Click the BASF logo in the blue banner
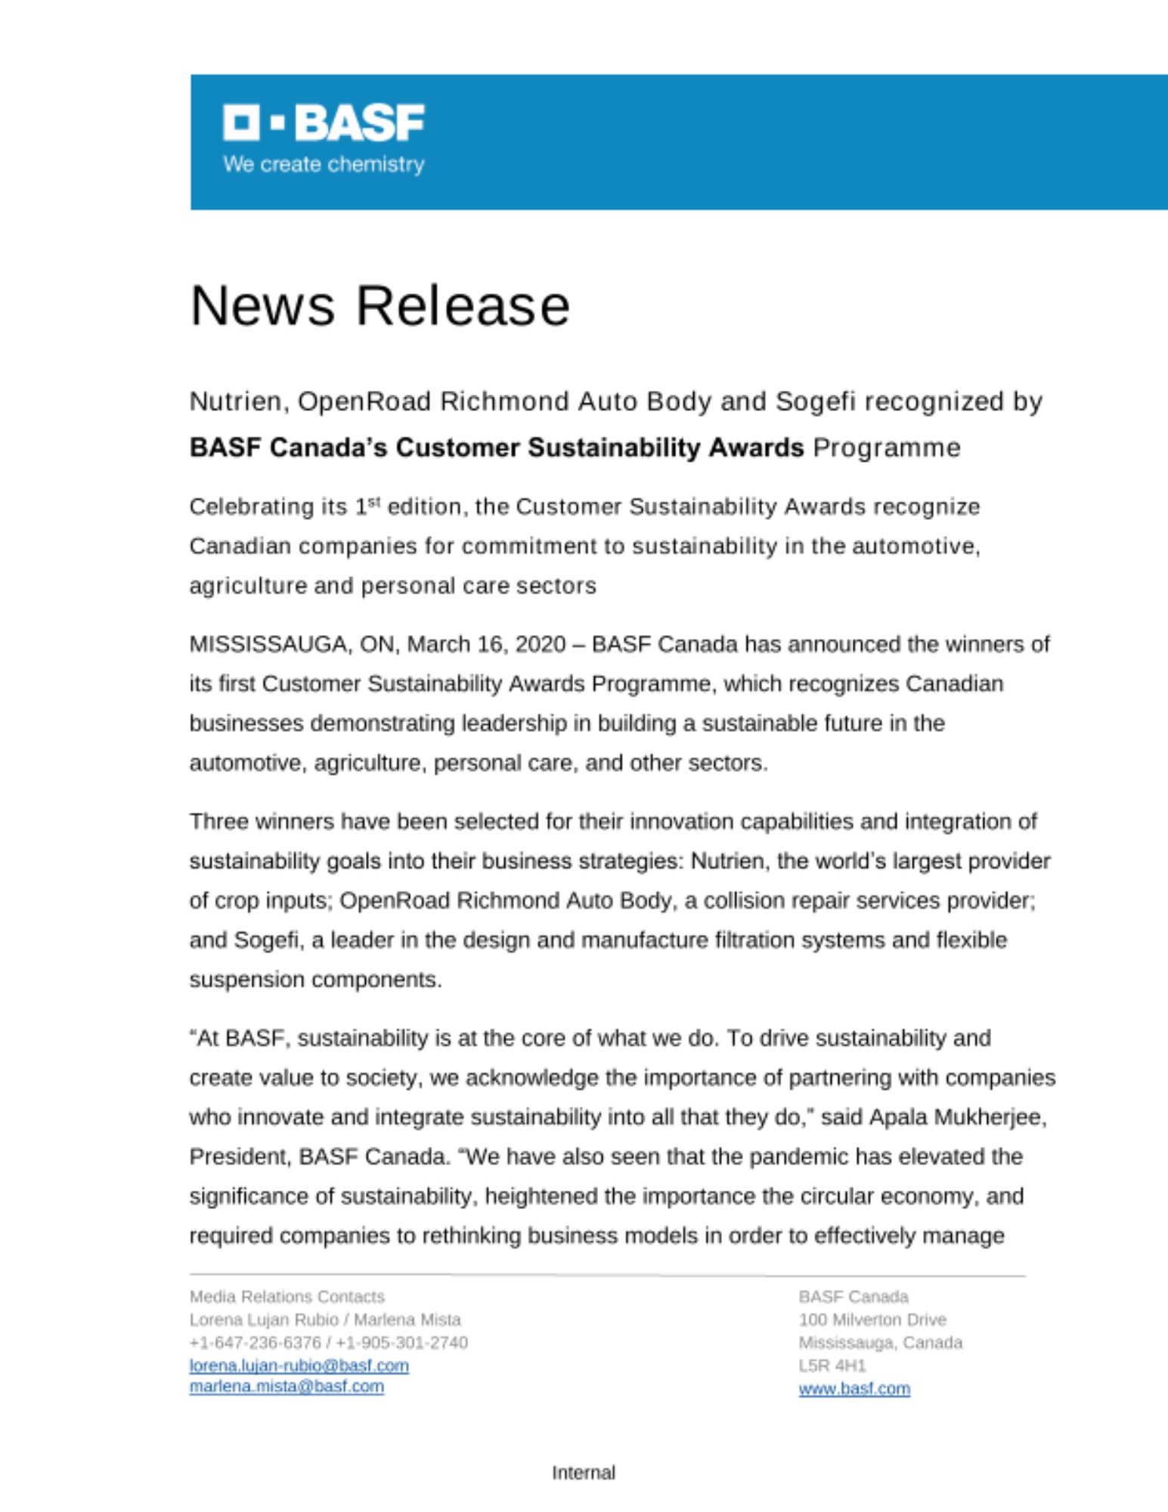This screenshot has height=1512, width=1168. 324,122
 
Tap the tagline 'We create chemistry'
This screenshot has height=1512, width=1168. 324,164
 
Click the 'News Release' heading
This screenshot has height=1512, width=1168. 380,306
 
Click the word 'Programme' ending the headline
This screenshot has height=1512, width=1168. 886,448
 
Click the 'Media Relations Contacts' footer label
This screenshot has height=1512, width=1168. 287,1297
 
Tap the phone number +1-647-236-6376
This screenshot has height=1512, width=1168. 255,1343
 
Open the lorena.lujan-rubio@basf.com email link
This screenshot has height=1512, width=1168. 299,1365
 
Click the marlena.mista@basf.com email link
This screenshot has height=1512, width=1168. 287,1387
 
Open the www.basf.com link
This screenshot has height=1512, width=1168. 854,1389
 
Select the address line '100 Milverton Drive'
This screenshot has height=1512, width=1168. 872,1320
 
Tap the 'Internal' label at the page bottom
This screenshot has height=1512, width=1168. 584,1473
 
